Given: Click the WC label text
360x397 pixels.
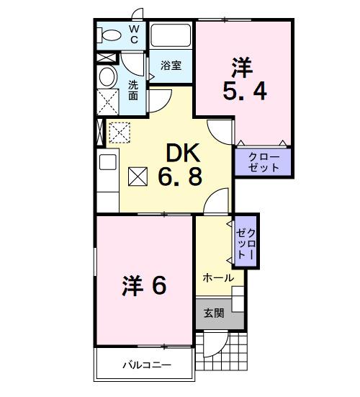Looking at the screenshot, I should tap(134, 33).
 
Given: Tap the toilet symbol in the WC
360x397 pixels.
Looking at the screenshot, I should tap(111, 34).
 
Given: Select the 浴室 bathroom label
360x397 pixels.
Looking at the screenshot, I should tap(171, 65).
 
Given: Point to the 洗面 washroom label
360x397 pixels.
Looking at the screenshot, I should tap(134, 89).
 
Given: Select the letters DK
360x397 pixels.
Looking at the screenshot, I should tap(184, 153).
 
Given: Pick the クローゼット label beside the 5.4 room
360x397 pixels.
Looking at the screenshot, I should tap(264, 161).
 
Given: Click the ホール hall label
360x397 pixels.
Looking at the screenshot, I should tap(217, 277).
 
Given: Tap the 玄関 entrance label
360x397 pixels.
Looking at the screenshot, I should tap(213, 313).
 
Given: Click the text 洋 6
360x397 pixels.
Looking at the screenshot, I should tap(143, 286).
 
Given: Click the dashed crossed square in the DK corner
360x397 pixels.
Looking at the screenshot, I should tap(117, 131).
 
